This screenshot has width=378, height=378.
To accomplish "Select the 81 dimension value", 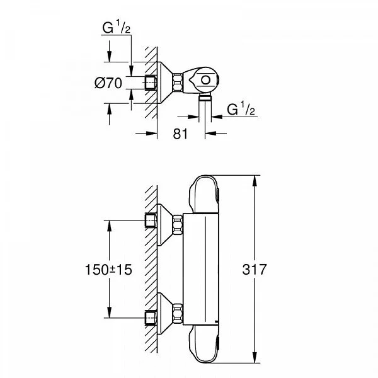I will click(x=181, y=133).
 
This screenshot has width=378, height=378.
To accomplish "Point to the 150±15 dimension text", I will click(x=108, y=269).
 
